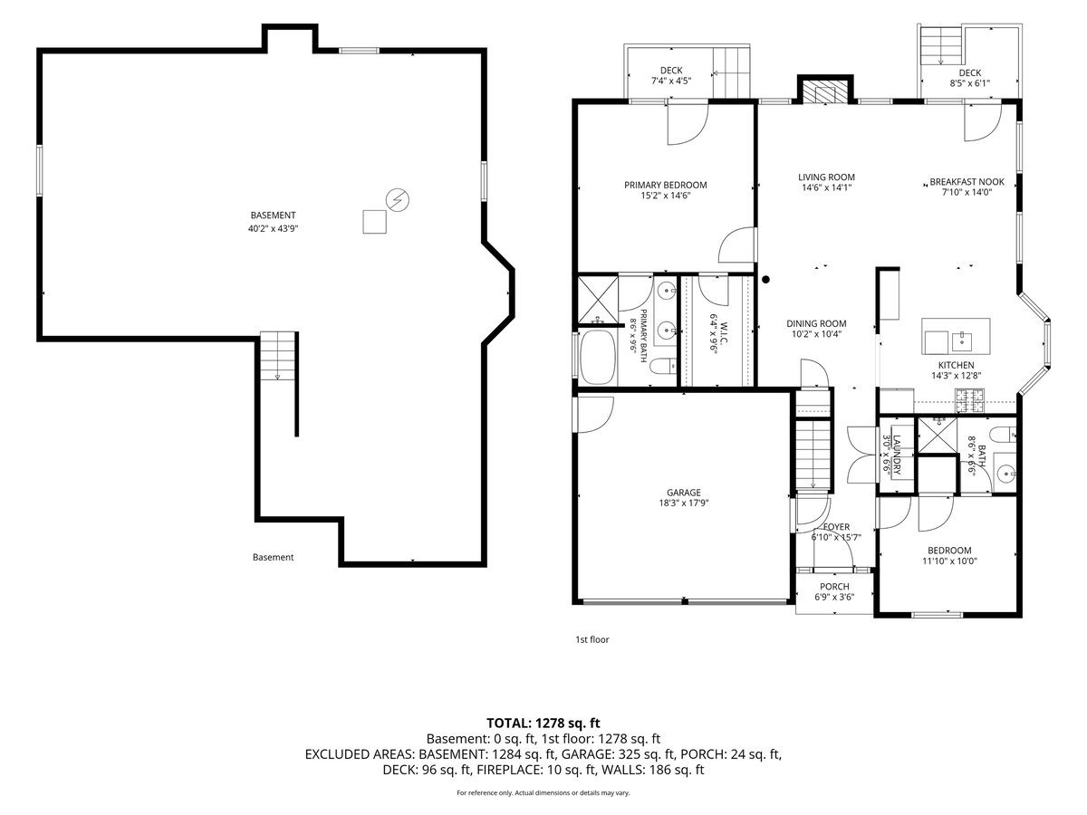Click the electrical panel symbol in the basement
[x=397, y=200]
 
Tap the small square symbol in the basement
[x=374, y=221]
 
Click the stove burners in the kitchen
[x=970, y=401]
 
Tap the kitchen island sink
[x=961, y=341]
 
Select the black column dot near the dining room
[x=765, y=280]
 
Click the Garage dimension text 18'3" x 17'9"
[x=683, y=503]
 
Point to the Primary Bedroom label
[x=665, y=185]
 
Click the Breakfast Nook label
[x=967, y=182]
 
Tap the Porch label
[x=834, y=587]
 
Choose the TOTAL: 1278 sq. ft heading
[x=543, y=724]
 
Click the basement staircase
[x=278, y=356]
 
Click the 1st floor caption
[x=592, y=640]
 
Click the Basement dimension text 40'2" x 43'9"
[x=273, y=228]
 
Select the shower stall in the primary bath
[x=598, y=300]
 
